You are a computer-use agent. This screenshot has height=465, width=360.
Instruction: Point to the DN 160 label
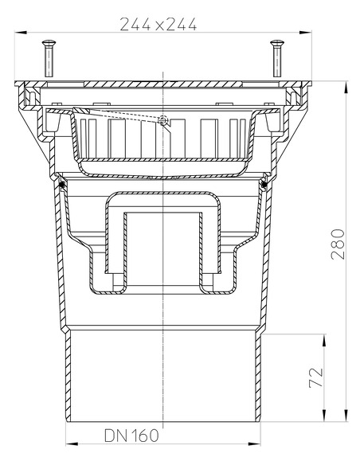point(131,436)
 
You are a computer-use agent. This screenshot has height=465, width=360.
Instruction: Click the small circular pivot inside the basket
point(163,121)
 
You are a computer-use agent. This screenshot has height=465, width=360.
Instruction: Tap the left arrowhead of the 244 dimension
point(18,33)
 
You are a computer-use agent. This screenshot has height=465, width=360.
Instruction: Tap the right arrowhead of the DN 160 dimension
point(260,443)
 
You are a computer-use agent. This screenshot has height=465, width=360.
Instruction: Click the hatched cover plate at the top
point(163,82)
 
